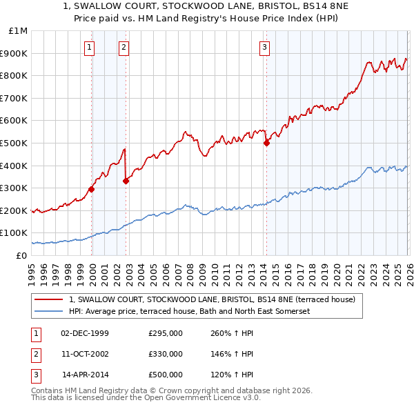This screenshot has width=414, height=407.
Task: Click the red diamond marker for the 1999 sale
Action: click(91, 188)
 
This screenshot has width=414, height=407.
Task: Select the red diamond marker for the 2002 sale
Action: click(126, 181)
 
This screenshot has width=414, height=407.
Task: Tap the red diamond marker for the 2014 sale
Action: click(266, 143)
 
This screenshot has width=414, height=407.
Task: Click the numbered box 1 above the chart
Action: click(90, 48)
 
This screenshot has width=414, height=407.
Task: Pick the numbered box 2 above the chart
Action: click(124, 48)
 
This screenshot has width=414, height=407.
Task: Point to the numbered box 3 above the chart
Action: click(264, 48)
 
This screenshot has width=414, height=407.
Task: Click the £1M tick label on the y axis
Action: click(19, 31)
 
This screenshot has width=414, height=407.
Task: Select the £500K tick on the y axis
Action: click(15, 143)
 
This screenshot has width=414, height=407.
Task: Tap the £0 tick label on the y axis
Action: click(21, 255)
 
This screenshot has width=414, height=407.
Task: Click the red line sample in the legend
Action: click(50, 299)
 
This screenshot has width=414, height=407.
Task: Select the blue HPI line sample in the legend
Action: click(50, 311)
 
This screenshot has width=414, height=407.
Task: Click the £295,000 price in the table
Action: click(166, 333)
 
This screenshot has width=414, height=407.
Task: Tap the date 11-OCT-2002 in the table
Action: click(84, 354)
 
